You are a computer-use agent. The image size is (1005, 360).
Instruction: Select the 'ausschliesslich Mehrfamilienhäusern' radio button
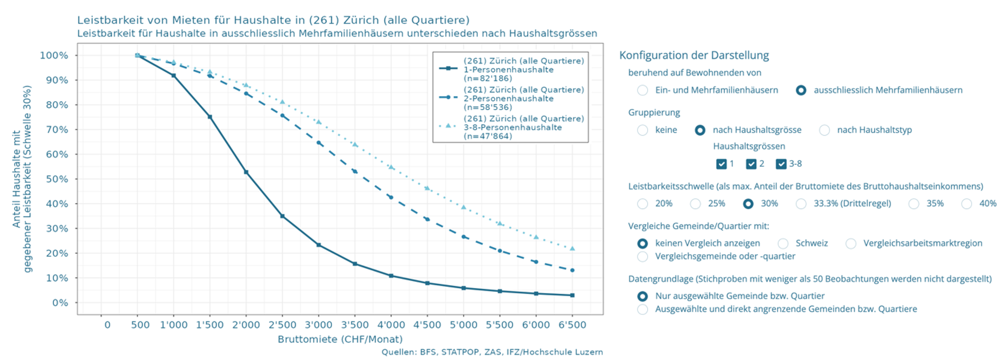click(801, 91)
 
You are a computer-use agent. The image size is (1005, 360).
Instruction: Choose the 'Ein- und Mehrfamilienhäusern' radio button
click(643, 91)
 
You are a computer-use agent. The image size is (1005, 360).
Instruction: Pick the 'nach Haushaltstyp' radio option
click(824, 130)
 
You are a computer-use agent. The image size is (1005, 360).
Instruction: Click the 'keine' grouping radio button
click(643, 130)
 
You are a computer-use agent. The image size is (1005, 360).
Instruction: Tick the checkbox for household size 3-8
click(781, 164)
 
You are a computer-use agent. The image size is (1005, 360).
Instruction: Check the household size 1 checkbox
click(721, 164)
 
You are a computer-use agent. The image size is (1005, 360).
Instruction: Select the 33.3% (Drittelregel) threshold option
click(801, 204)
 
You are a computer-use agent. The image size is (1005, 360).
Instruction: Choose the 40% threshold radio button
click(966, 204)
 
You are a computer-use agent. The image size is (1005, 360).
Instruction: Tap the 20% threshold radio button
click(643, 204)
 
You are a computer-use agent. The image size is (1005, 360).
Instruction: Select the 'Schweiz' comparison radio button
click(783, 244)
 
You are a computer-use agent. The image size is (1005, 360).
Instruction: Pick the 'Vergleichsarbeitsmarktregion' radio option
click(850, 244)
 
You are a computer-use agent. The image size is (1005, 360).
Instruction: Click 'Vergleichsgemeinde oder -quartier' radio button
click(643, 256)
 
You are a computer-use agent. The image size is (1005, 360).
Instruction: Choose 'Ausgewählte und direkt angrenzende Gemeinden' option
click(643, 309)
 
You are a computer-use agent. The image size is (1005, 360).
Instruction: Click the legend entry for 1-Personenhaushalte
click(508, 70)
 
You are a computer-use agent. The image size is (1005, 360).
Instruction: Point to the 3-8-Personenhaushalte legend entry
click(512, 127)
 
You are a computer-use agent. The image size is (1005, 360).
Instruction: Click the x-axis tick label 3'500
click(355, 325)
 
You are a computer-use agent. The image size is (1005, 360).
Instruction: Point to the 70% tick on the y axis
click(57, 130)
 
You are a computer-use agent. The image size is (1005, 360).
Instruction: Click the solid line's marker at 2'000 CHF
click(246, 172)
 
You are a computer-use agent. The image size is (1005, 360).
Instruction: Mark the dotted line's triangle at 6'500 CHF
click(572, 249)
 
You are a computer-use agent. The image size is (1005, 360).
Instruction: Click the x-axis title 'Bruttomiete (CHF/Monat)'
click(340, 339)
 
